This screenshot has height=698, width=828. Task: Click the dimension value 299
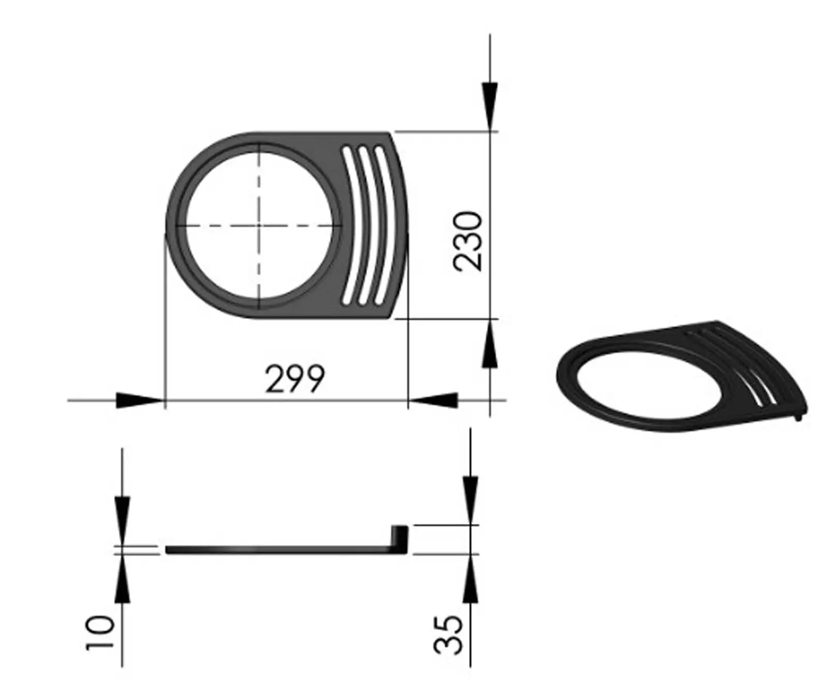[x=294, y=379]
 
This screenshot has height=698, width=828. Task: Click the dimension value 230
[x=468, y=240]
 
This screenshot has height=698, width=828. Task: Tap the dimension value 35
[x=448, y=634]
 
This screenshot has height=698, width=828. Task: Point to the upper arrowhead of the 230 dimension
[x=490, y=106]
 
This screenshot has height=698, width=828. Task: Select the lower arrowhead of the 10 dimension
[x=122, y=579]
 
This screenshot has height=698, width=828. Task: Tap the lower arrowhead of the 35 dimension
[x=470, y=579]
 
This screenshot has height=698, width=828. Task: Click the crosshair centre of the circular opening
[x=258, y=225]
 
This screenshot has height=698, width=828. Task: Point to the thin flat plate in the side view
[x=274, y=550]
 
